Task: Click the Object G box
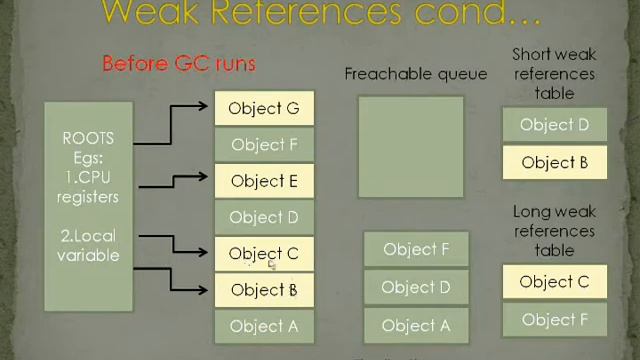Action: click(264, 108)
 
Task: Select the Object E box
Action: click(264, 181)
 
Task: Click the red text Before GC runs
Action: click(179, 64)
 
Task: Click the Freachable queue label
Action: click(416, 74)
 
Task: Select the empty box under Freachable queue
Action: click(411, 147)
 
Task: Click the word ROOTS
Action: click(88, 138)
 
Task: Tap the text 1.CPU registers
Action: click(88, 187)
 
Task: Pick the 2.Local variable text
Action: click(88, 245)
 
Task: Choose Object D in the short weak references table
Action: click(554, 125)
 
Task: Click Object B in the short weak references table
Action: click(554, 162)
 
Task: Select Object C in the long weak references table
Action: click(554, 282)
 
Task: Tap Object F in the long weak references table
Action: click(554, 320)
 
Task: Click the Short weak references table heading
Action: click(554, 73)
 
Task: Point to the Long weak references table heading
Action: click(554, 231)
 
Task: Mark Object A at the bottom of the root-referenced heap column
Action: click(264, 326)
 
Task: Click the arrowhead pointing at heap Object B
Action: click(207, 289)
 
